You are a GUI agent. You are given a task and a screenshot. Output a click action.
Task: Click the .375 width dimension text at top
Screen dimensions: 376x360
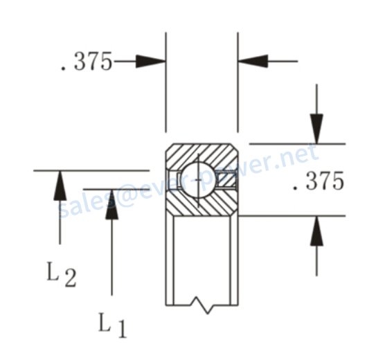pyautogui.click(x=87, y=62)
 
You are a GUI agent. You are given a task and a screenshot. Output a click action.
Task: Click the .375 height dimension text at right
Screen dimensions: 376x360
pyautogui.click(x=318, y=181)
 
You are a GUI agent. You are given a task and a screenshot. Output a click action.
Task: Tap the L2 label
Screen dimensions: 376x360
pyautogui.click(x=62, y=274)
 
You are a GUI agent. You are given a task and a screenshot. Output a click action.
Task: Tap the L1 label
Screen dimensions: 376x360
pyautogui.click(x=112, y=325)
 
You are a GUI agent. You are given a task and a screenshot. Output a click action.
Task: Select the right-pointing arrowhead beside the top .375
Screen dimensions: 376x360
pyautogui.click(x=150, y=62)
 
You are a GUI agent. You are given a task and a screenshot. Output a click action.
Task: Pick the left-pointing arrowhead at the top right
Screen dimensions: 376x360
pyautogui.click(x=253, y=61)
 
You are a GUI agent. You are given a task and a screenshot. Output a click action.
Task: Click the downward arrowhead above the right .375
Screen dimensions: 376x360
pyautogui.click(x=316, y=129)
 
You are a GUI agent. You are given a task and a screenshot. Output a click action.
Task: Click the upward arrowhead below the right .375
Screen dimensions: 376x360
pyautogui.click(x=316, y=231)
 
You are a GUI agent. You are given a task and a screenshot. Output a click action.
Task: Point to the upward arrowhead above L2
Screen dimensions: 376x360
pyautogui.click(x=60, y=186)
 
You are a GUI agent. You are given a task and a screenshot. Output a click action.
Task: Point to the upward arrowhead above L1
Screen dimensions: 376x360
pyautogui.click(x=111, y=204)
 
